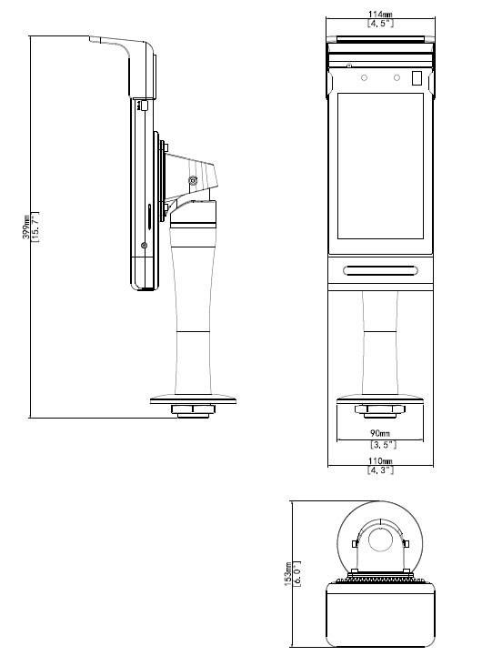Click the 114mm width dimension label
point(380,15)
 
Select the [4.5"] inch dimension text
point(380,23)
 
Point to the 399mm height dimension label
point(25,227)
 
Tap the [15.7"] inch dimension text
point(35,227)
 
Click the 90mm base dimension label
point(380,433)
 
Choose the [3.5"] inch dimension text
point(383,444)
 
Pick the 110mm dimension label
point(380,460)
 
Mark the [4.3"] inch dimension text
point(380,469)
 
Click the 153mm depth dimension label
point(288,573)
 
